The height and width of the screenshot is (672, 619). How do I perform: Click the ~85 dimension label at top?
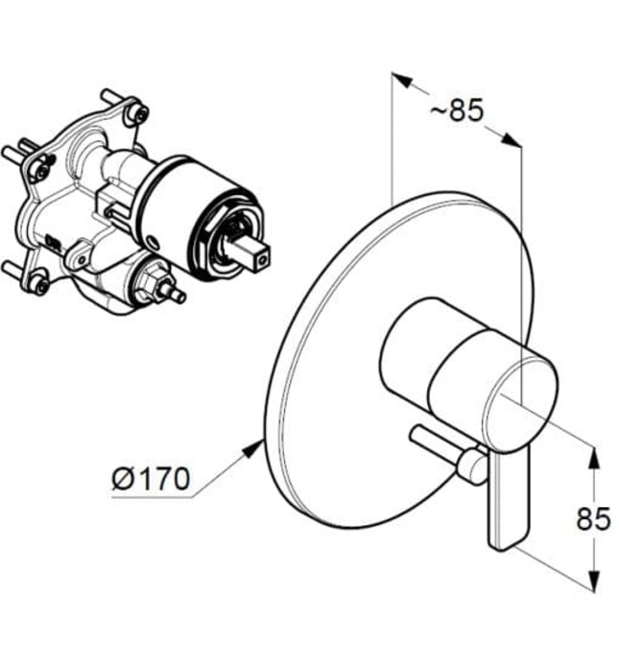(456, 110)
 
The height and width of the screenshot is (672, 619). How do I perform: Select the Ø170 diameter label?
(152, 477)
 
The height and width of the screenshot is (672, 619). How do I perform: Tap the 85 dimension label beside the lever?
(593, 519)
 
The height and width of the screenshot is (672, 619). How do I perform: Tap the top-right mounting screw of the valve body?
(140, 114)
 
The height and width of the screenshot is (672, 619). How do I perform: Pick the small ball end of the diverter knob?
(470, 468)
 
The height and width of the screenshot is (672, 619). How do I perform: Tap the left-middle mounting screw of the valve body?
(39, 171)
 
